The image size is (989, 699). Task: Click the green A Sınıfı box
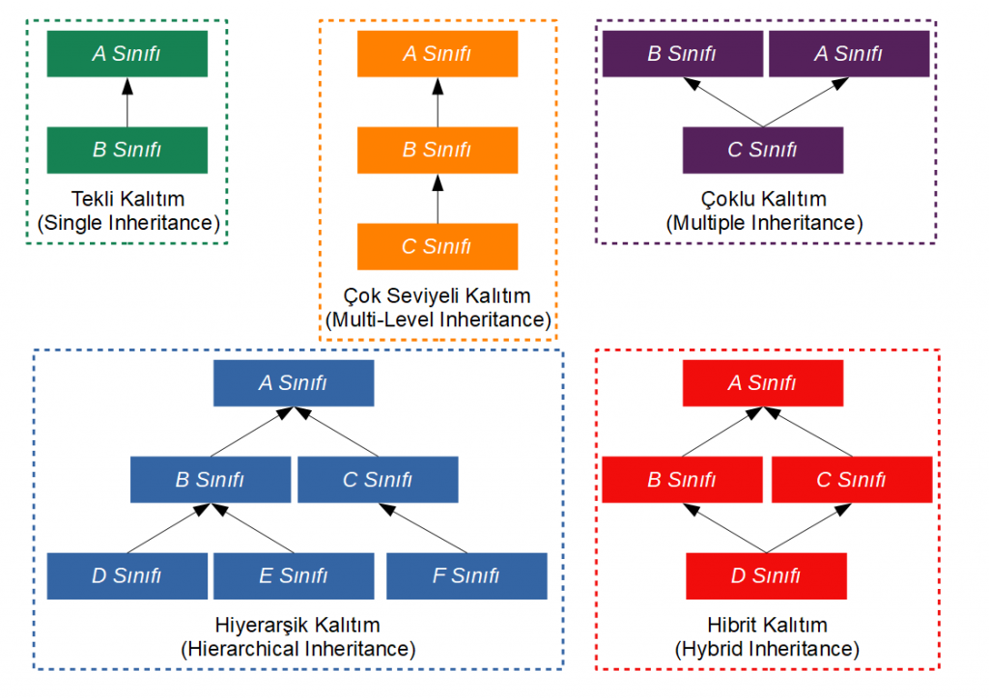pos(127,53)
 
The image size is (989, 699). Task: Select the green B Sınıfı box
pos(127,150)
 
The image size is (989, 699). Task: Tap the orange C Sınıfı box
pos(438,246)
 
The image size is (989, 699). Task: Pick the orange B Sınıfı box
pos(438,150)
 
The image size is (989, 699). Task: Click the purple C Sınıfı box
pos(763,150)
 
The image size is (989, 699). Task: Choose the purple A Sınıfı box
pos(849,53)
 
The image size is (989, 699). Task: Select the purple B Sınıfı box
pos(683,53)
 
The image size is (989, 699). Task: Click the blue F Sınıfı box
pos(466,576)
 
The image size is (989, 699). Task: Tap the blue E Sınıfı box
pos(294,576)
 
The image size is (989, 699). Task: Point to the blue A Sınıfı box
pos(294,383)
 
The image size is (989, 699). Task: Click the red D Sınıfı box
pos(766,576)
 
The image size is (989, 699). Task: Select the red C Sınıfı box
pos(852,480)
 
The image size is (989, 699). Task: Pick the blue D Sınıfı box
pos(127,576)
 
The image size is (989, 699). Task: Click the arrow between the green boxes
pos(127,102)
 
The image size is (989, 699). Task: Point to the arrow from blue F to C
pos(423,528)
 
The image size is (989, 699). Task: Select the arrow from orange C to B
pos(438,199)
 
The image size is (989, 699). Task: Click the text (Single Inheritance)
pos(128,223)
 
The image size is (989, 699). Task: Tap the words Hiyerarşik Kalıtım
pos(297,625)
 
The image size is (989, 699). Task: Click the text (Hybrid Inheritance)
pos(767,649)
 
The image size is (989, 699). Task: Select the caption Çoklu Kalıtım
pos(764,199)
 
